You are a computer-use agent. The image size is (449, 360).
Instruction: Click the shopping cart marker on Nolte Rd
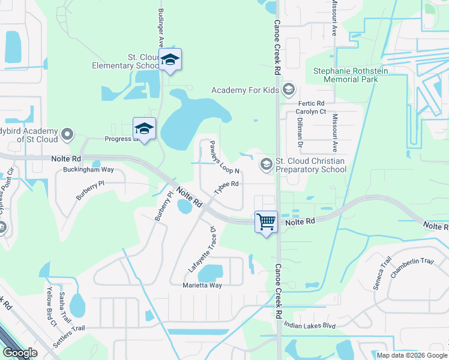click(266, 222)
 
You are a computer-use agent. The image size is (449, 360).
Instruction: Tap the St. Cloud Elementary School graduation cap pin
click(170, 60)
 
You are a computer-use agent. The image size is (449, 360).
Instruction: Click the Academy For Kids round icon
click(289, 90)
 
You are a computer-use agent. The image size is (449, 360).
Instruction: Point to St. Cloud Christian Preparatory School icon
click(266, 164)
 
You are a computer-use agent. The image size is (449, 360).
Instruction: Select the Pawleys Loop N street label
click(220, 157)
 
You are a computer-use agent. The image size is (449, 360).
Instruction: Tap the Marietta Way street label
click(202, 285)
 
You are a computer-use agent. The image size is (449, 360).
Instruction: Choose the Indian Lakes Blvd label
click(309, 326)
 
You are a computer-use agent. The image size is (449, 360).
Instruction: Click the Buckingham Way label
click(88, 170)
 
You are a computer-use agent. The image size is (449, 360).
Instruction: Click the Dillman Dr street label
click(298, 132)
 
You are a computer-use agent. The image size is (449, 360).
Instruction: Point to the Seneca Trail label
click(382, 272)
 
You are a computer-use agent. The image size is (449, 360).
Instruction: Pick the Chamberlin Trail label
click(411, 266)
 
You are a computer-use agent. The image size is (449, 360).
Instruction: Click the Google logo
click(20, 353)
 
